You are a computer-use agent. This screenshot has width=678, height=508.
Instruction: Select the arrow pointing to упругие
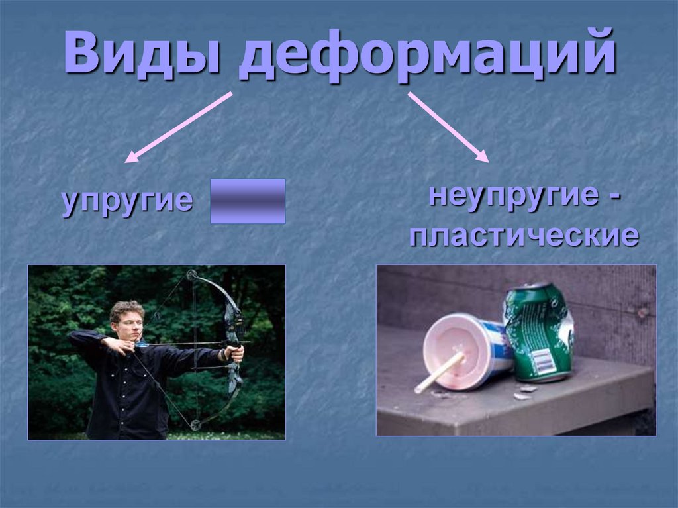[x=179, y=127]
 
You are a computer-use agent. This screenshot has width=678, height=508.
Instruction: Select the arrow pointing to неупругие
[x=448, y=127]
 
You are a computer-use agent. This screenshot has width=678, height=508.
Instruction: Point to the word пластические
[x=524, y=236]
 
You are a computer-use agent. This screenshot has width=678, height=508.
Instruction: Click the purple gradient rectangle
[x=248, y=201]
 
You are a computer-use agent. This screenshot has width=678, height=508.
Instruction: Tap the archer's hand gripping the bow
[x=235, y=353]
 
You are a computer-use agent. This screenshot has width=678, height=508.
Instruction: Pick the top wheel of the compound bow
[x=191, y=274]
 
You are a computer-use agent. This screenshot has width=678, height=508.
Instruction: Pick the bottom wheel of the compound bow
[x=195, y=425]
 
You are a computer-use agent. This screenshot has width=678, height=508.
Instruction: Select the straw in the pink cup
[x=439, y=372]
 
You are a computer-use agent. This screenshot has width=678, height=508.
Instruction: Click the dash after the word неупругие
[x=615, y=197]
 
